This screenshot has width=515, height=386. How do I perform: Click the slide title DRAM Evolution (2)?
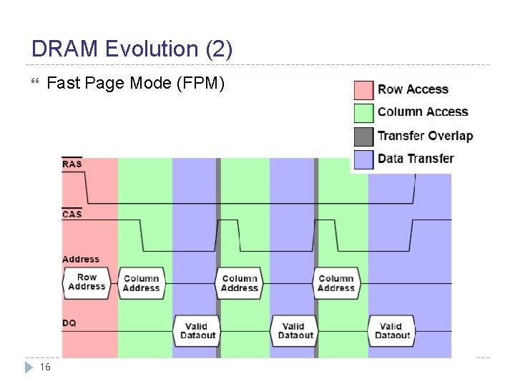tap(132, 49)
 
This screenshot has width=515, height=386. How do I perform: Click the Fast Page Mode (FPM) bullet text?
tap(135, 84)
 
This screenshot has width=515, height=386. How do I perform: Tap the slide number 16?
tap(45, 367)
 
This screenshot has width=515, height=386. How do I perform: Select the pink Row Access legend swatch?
tap(364, 90)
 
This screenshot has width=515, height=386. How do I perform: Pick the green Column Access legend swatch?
tap(364, 112)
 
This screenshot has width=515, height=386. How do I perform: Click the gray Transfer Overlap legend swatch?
tap(364, 136)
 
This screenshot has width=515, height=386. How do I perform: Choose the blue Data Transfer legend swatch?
tap(364, 159)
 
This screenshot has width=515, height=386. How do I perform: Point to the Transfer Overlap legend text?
tap(425, 136)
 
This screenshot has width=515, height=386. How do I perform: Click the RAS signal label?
tap(72, 164)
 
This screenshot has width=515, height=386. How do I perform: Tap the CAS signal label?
tap(72, 214)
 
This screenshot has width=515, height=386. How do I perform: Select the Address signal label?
tap(81, 259)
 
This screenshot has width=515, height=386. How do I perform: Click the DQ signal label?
tap(69, 323)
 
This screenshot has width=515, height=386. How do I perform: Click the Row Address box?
tap(87, 282)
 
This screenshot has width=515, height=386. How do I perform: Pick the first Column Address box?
tap(141, 283)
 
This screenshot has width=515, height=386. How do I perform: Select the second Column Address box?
tap(239, 283)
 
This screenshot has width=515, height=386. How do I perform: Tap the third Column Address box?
tap(336, 283)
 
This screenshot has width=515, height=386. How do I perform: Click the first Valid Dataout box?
tap(196, 331)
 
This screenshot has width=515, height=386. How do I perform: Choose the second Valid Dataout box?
tap(294, 331)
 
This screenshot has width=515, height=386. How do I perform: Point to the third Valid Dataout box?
tap(391, 331)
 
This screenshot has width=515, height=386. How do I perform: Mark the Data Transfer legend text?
tap(416, 159)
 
